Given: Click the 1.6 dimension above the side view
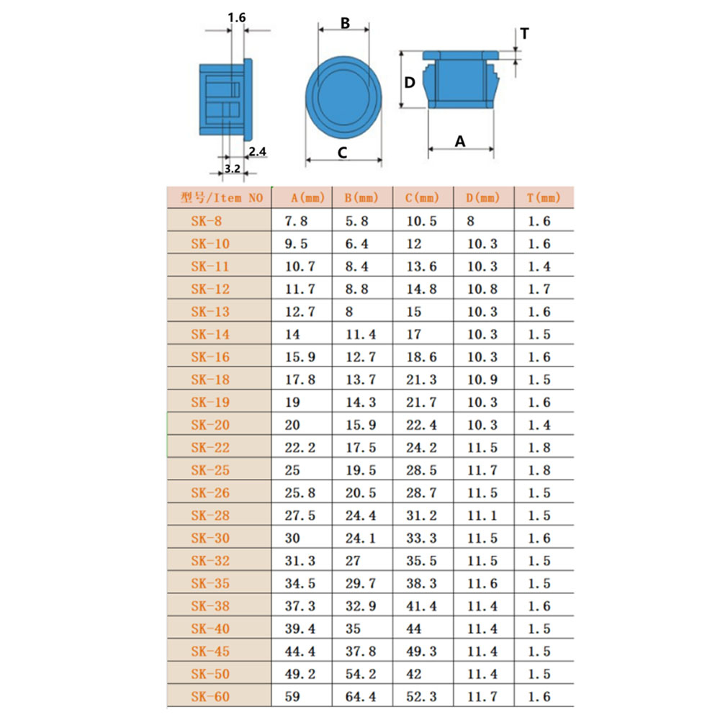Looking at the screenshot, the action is (236, 17).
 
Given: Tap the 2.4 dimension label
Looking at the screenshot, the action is (257, 151).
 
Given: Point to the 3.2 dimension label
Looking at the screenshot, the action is (232, 168).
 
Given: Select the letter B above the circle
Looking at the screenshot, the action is (345, 23).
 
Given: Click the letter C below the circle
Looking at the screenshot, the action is (342, 153).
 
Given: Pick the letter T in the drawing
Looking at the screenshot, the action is (524, 34).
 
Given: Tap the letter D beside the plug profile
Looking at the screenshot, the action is (409, 83).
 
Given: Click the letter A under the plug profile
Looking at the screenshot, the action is (460, 141).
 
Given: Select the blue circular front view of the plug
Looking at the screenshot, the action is (343, 97).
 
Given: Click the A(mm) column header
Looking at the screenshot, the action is (307, 198).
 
